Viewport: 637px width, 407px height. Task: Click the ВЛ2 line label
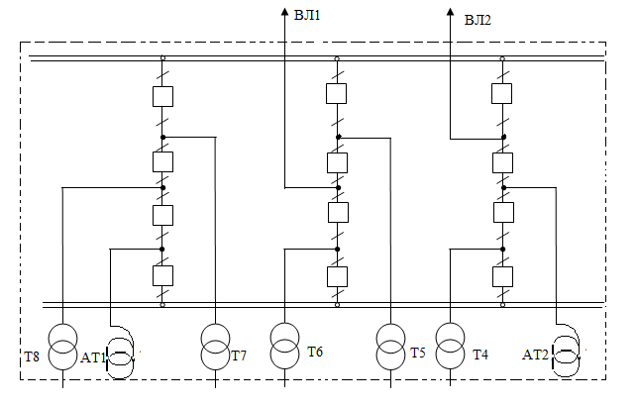(x=478, y=17)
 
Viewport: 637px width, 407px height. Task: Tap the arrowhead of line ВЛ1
(x=284, y=9)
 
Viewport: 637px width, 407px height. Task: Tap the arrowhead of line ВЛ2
(x=451, y=9)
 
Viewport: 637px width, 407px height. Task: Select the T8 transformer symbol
(x=62, y=345)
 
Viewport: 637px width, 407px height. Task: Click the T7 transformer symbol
(x=214, y=345)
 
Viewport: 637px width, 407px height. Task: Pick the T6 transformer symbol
(x=284, y=345)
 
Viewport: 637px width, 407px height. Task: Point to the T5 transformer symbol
(x=389, y=345)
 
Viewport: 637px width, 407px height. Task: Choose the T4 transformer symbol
(x=450, y=345)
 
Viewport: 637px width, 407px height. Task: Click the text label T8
(x=32, y=356)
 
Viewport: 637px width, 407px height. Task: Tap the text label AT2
(x=535, y=354)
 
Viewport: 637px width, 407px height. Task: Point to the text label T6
(x=315, y=352)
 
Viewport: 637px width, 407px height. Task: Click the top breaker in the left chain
(x=163, y=96)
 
